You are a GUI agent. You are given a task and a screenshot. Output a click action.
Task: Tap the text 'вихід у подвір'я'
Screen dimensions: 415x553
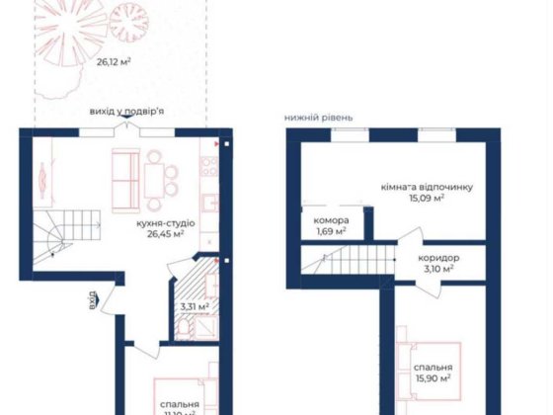click(125, 112)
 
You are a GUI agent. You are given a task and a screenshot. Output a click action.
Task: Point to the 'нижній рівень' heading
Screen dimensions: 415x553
click(318, 117)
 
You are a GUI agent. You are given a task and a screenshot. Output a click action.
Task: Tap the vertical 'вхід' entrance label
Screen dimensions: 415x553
click(92, 299)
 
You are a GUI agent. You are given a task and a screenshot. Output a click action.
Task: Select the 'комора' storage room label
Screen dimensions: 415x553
click(330, 219)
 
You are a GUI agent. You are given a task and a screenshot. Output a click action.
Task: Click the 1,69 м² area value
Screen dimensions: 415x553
click(330, 232)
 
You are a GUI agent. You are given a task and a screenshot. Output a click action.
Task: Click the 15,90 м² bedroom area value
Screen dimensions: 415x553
click(432, 377)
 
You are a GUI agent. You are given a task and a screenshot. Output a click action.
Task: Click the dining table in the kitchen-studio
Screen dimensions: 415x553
click(156, 179)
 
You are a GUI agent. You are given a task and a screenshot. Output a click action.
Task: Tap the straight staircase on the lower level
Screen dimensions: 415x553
click(338, 262)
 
